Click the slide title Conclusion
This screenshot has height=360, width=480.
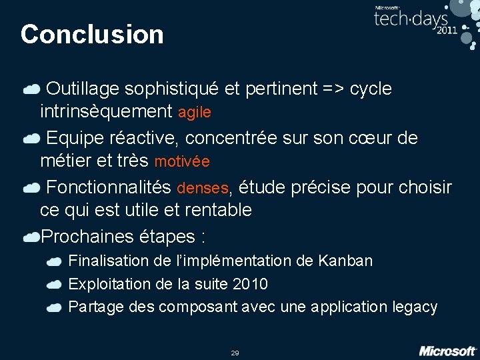92,34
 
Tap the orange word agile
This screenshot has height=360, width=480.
195,113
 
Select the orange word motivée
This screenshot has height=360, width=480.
182,162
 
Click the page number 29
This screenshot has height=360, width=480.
235,353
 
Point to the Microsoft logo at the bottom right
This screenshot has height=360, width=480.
447,350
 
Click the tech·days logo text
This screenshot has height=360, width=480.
411,19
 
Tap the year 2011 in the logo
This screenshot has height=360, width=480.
447,31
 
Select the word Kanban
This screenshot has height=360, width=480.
346,261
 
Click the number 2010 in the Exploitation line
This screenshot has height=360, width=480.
251,284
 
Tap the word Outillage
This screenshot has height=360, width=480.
83,89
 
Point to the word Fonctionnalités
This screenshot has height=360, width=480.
109,188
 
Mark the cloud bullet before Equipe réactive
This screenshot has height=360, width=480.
31,139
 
